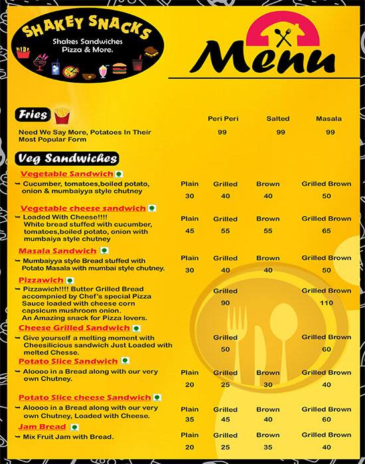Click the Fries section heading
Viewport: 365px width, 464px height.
33,115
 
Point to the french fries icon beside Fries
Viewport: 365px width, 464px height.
62,115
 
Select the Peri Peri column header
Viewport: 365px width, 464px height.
223,119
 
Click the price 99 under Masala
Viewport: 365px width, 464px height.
330,133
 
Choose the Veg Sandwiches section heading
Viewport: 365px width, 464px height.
67,158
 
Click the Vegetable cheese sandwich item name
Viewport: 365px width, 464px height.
83,207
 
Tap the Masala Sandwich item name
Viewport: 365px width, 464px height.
57,251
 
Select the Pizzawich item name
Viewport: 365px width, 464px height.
40,280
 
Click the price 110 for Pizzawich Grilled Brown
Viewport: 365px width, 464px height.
326,303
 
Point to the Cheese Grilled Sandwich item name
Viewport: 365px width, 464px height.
74,328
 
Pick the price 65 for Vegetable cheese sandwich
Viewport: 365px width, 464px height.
326,231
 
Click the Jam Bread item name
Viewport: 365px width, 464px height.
42,426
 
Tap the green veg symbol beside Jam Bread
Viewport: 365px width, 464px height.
74,427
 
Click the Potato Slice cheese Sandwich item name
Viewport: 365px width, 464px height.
85,397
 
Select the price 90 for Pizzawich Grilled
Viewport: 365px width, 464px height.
225,303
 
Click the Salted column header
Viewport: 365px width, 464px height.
278,119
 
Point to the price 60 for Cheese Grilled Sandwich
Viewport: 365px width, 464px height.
326,349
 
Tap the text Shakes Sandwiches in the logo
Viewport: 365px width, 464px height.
85,42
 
